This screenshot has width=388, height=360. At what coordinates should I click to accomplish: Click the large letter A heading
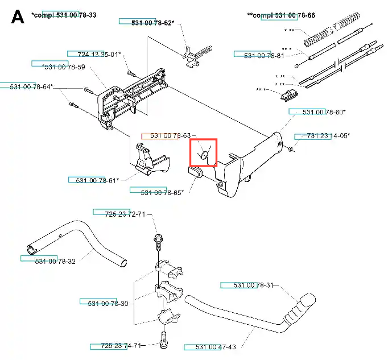[18, 17]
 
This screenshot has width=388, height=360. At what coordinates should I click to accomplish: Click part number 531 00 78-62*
[152, 23]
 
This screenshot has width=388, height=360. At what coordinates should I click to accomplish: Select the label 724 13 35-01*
[99, 55]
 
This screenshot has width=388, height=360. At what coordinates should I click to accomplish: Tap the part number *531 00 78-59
[64, 67]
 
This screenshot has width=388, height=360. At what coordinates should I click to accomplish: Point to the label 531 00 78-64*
[31, 87]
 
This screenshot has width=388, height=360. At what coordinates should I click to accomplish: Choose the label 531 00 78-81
[264, 56]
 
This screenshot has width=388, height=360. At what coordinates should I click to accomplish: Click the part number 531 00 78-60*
[324, 112]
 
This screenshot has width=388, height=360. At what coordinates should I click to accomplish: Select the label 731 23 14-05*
[328, 136]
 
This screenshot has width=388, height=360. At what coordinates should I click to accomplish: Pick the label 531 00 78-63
[171, 135]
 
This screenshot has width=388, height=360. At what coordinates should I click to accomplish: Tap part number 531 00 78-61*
[97, 181]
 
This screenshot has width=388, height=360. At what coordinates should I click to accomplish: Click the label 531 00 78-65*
[162, 193]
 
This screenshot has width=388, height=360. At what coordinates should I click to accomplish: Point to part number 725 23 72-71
[125, 214]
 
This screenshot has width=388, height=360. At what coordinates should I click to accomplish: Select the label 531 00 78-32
[55, 262]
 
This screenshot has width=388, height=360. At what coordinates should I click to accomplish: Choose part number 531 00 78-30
[108, 304]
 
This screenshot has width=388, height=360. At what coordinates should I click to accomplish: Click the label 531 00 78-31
[253, 285]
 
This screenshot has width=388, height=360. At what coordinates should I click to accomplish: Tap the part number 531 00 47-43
[216, 347]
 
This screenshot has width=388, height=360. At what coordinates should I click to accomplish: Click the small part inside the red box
[204, 155]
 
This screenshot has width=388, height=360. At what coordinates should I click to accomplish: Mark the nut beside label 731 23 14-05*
[291, 149]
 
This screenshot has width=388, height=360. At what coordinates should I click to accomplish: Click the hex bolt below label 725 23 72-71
[158, 242]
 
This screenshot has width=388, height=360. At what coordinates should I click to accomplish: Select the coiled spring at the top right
[332, 30]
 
